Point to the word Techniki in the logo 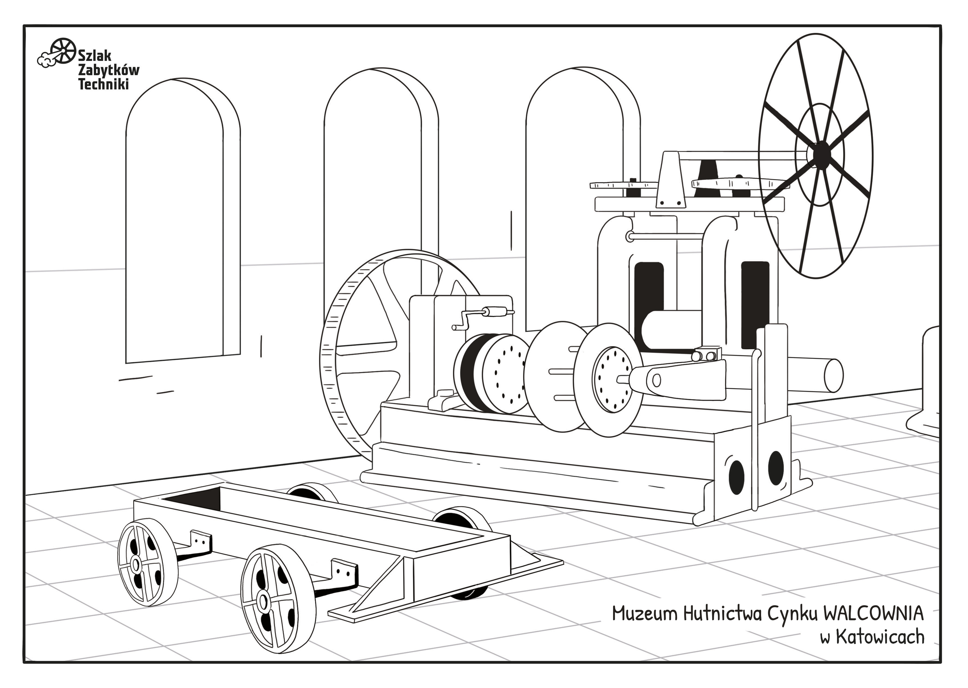coord(104,84)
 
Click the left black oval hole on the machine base coord(737,476)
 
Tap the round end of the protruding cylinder coord(834,374)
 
